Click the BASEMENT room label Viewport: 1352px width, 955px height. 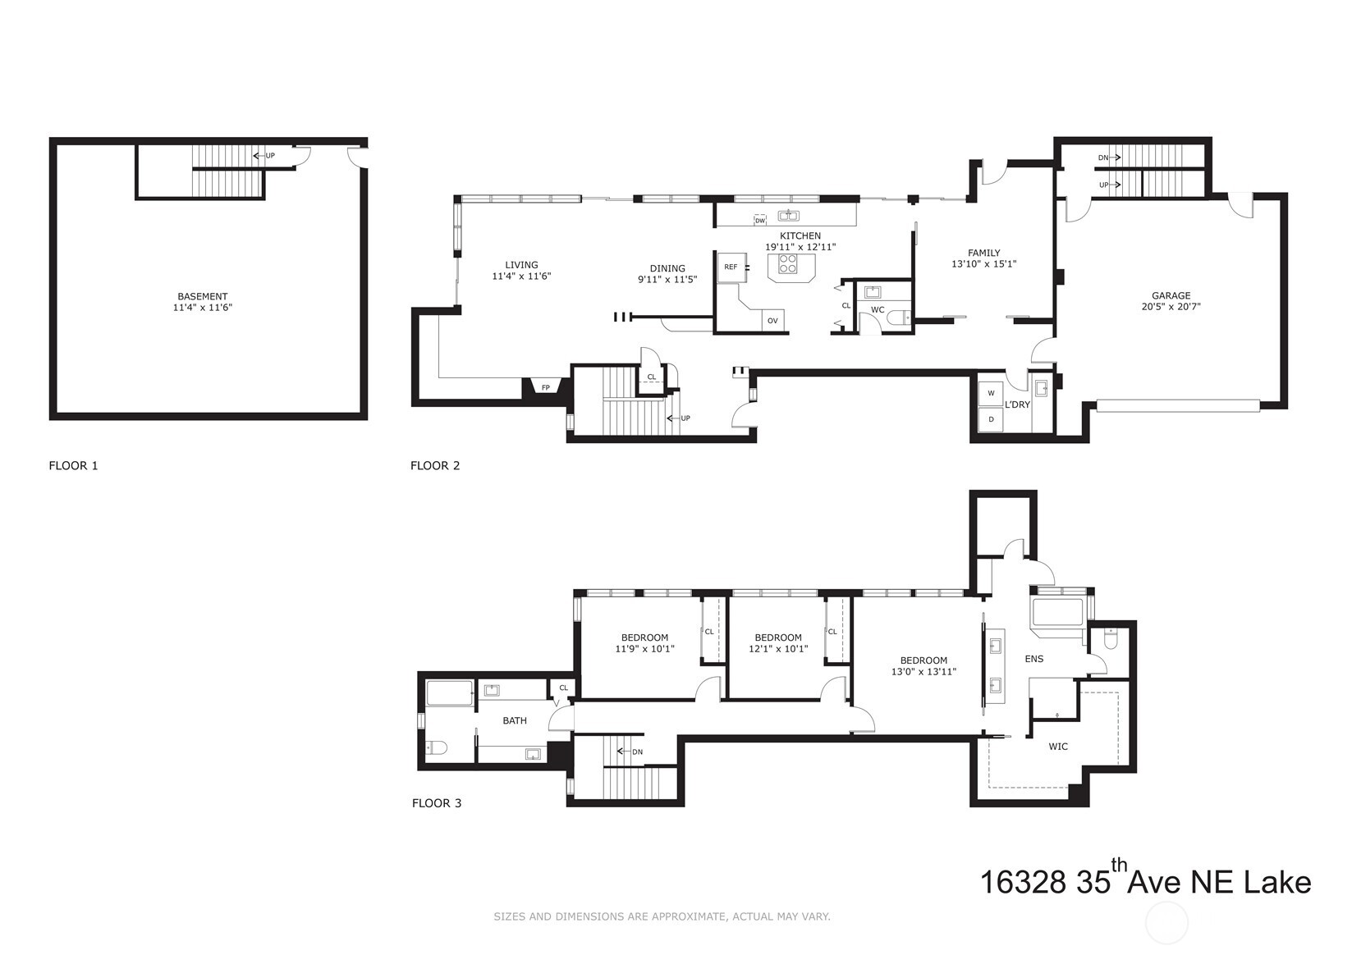tap(202, 296)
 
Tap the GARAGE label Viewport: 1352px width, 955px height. tap(1171, 295)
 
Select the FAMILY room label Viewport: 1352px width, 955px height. tap(983, 253)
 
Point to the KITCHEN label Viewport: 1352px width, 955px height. tap(800, 236)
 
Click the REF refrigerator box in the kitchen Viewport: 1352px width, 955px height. tap(731, 267)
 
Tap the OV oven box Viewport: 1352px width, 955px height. tap(772, 321)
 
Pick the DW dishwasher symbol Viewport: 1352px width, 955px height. tap(760, 221)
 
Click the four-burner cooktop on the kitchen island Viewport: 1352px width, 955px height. tap(788, 263)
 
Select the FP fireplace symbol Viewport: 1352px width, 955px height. tap(546, 386)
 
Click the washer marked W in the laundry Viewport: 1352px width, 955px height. tap(991, 393)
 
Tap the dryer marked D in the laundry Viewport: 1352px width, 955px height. tap(991, 419)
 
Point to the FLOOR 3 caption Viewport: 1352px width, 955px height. tap(437, 803)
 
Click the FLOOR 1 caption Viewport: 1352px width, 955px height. tap(73, 465)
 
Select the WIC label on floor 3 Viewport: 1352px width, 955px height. tap(1058, 747)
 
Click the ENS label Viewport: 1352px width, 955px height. tap(1034, 659)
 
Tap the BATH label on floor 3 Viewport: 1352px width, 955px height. tap(515, 720)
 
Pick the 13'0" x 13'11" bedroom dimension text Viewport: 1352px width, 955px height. tap(924, 671)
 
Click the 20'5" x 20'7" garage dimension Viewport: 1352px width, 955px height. tap(1171, 307)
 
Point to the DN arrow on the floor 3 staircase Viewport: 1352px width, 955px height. tap(630, 752)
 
